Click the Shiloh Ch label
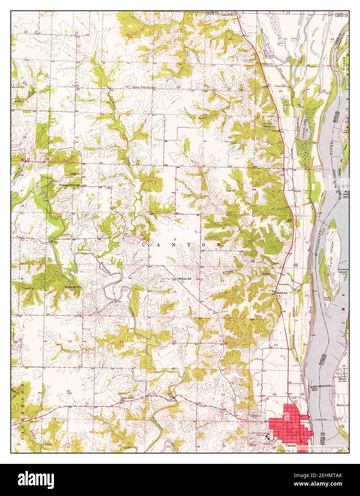(268, 64)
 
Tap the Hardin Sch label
(270, 126)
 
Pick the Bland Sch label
(282, 293)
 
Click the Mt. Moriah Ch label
(73, 287)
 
